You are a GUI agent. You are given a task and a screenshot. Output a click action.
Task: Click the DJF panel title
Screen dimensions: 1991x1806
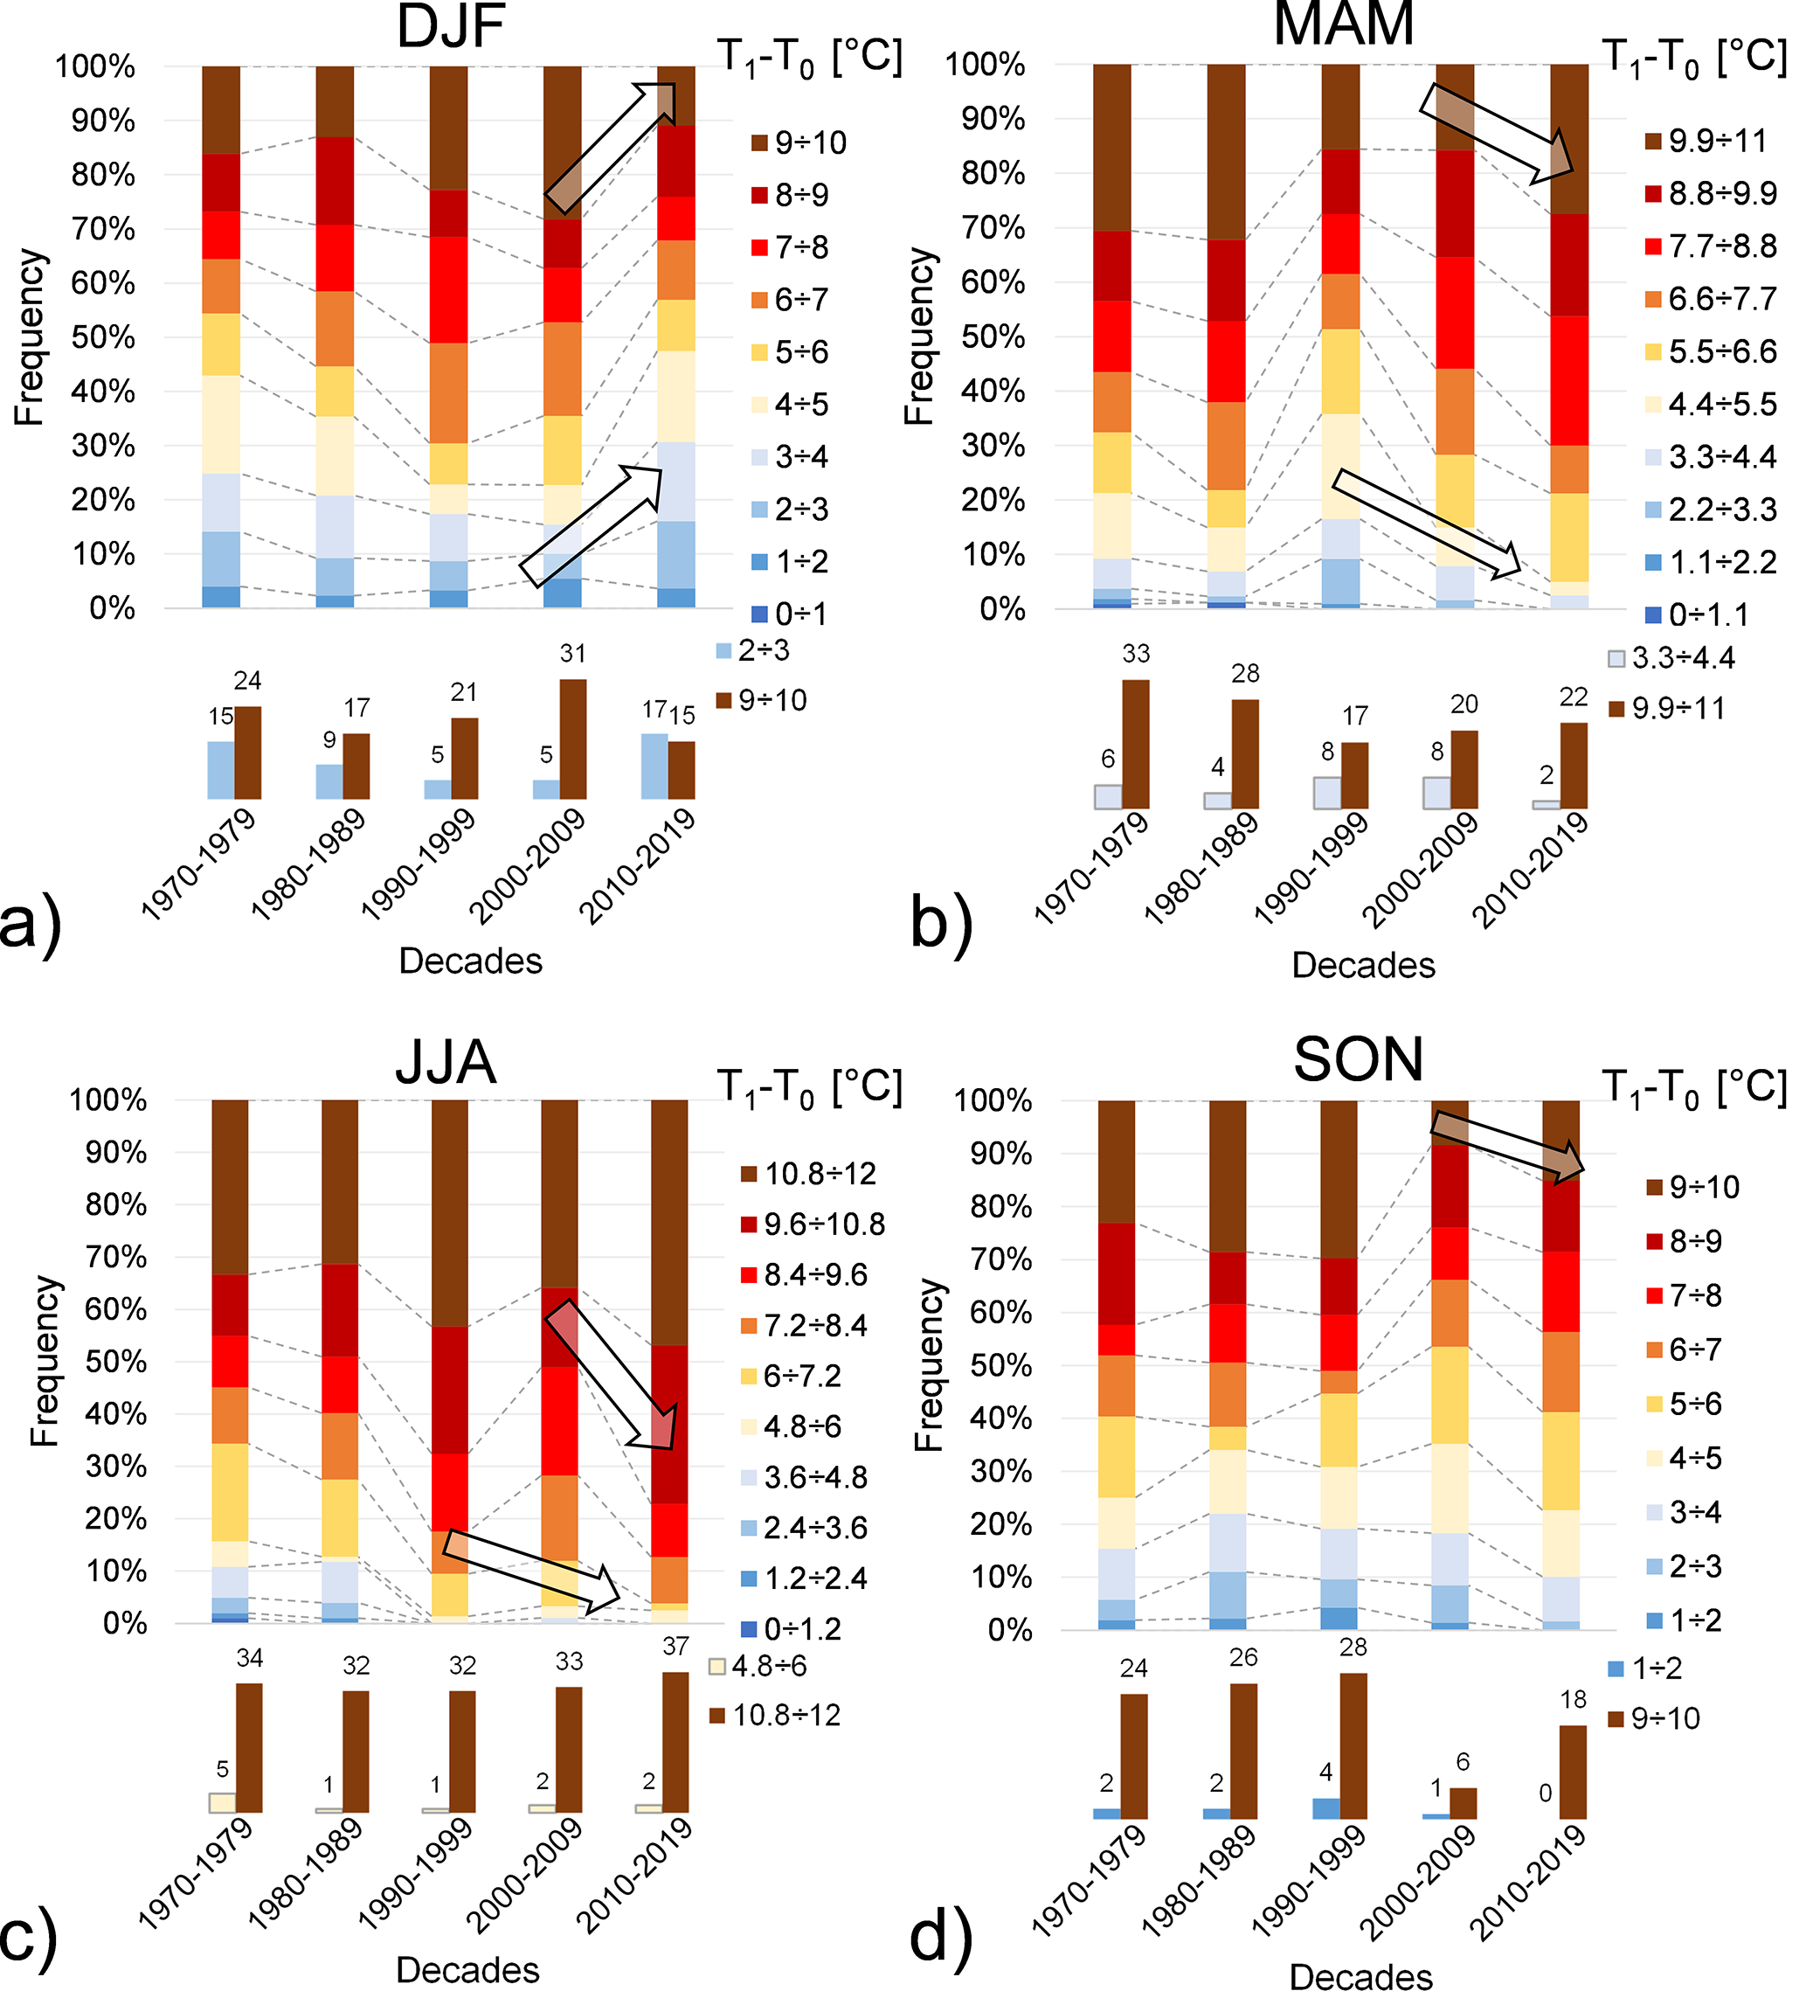click(450, 27)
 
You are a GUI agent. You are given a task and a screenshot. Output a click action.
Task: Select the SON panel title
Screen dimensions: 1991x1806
click(1358, 1059)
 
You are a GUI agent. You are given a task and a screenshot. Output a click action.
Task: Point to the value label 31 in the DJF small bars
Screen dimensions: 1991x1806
click(572, 654)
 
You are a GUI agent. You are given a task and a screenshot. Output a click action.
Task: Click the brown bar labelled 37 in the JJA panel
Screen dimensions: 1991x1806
click(675, 1742)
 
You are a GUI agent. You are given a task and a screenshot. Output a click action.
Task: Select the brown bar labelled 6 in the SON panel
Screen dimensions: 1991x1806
click(1463, 1803)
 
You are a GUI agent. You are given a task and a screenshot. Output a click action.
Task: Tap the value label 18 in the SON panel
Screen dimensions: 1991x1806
click(1573, 1700)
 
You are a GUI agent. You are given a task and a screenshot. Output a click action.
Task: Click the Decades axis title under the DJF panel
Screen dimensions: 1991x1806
click(470, 961)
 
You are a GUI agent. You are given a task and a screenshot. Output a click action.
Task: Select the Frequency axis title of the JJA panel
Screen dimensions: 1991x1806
click(45, 1362)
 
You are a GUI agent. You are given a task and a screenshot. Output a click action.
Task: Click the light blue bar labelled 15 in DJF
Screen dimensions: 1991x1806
click(221, 770)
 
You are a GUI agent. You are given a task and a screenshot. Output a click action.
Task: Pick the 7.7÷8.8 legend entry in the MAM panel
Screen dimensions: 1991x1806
click(1722, 246)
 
